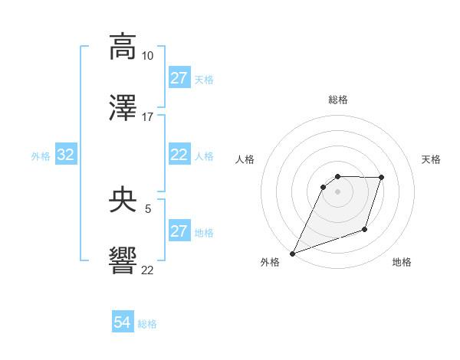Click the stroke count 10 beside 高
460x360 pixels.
coord(147,56)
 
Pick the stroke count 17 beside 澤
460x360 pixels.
coord(147,117)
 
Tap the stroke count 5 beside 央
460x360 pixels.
coord(147,208)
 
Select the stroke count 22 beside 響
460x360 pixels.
coord(147,270)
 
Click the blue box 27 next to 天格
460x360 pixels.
coord(179,78)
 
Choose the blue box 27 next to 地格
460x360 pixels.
coord(179,231)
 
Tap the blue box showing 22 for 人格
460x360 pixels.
coord(179,155)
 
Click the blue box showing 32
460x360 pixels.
coord(66,155)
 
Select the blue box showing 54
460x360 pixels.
coord(123,323)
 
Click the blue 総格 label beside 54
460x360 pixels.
coord(147,324)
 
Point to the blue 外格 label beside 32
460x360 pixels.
coord(41,155)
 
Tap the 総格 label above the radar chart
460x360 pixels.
coord(337,100)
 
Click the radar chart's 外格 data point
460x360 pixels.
coord(292,254)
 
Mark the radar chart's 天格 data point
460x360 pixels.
coord(381,178)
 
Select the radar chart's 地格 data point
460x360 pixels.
coord(366,230)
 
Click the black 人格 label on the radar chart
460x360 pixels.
coord(245,159)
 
